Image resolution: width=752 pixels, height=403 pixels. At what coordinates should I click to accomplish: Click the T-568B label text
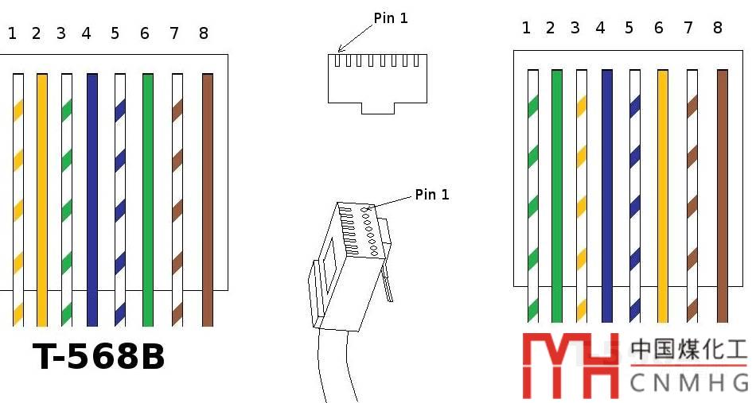(x=99, y=358)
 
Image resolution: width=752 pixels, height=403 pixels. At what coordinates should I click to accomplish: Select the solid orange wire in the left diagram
(x=41, y=199)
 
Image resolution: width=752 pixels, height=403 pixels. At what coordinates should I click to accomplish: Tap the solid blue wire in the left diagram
(x=92, y=199)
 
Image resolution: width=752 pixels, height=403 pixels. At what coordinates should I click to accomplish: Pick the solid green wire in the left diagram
(x=147, y=199)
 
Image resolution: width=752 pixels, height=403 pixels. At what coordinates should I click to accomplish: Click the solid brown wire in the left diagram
(x=208, y=199)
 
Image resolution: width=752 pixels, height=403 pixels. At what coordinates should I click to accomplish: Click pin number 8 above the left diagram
(x=204, y=33)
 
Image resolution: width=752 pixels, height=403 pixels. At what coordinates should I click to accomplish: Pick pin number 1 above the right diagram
(x=526, y=29)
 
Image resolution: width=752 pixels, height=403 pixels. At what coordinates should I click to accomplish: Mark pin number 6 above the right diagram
(x=658, y=29)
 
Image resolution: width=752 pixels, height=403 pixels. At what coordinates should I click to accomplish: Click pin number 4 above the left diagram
(x=86, y=33)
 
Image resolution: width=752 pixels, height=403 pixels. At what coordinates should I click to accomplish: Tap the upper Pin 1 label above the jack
(x=391, y=18)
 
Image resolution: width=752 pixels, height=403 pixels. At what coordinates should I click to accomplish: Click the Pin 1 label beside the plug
(x=432, y=195)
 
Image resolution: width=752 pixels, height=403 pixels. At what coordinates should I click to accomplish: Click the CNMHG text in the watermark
(x=688, y=382)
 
